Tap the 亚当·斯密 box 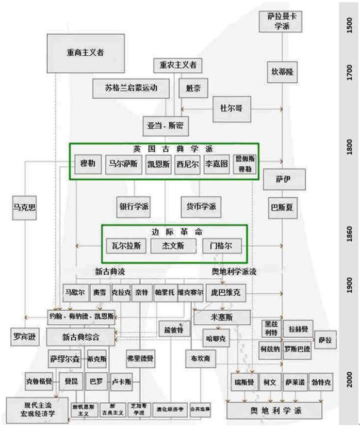[165, 124]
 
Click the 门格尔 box [222, 245]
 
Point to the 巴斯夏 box [282, 208]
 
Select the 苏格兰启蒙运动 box [131, 88]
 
